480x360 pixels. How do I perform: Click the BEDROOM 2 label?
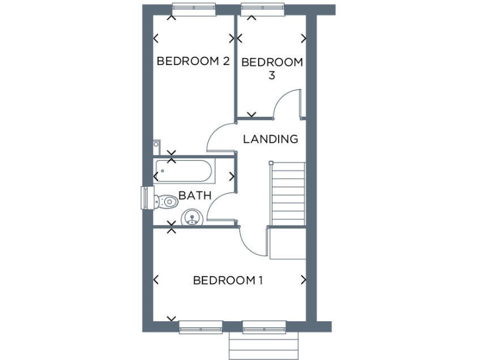pyautogui.click(x=193, y=61)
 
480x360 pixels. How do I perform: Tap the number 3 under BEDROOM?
pyautogui.click(x=272, y=76)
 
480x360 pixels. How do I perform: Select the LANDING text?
pyautogui.click(x=270, y=139)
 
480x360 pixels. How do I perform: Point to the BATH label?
pyautogui.click(x=195, y=196)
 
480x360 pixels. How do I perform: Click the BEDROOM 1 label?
pyautogui.click(x=227, y=280)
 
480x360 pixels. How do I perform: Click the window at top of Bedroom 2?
pyautogui.click(x=194, y=9)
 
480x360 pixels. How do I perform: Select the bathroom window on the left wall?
pyautogui.click(x=145, y=197)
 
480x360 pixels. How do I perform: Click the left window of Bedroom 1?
pyautogui.click(x=200, y=325)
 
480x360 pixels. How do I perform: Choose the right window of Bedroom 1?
pyautogui.click(x=263, y=325)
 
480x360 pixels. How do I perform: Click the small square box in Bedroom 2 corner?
pyautogui.click(x=156, y=147)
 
